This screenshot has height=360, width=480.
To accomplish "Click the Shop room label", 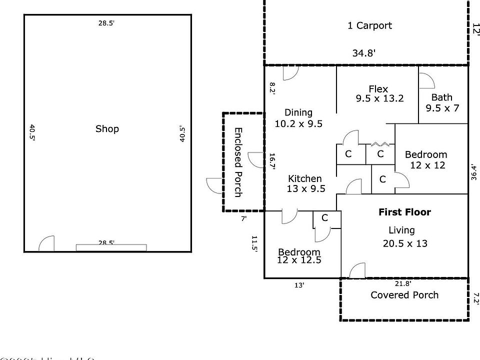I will [x=107, y=129].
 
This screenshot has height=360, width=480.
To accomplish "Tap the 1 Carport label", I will [x=369, y=25].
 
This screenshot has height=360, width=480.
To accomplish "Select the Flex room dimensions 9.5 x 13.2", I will [x=379, y=98].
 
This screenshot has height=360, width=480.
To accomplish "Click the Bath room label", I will [x=442, y=97].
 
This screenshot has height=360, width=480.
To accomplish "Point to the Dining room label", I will [x=298, y=112].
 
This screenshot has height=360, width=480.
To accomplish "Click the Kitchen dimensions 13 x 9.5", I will [x=306, y=188].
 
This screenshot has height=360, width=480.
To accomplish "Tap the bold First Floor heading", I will [x=404, y=212].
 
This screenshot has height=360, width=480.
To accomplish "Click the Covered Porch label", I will [x=404, y=295].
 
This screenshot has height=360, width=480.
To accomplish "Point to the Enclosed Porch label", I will [x=238, y=161].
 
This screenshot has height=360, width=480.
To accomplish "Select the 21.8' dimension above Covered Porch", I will [x=402, y=283].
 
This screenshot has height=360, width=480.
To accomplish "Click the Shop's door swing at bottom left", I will [x=46, y=243].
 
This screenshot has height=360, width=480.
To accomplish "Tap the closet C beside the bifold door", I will [x=380, y=154].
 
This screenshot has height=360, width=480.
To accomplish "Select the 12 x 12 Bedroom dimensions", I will [x=427, y=165].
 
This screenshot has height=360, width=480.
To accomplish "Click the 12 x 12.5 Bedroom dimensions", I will [x=299, y=260].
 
